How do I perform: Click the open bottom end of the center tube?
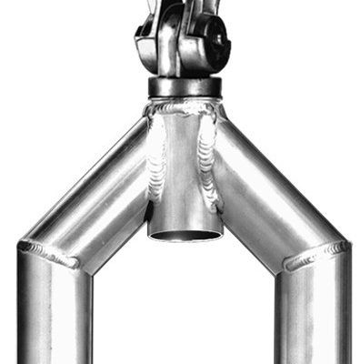click(185, 236)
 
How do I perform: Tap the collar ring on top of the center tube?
click(184, 88)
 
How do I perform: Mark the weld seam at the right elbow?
click(314, 257)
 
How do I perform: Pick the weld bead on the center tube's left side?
click(156, 159)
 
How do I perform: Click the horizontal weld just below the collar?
click(184, 107)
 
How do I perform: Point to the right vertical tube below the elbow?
click(314, 318)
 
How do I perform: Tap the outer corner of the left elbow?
click(20, 244)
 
